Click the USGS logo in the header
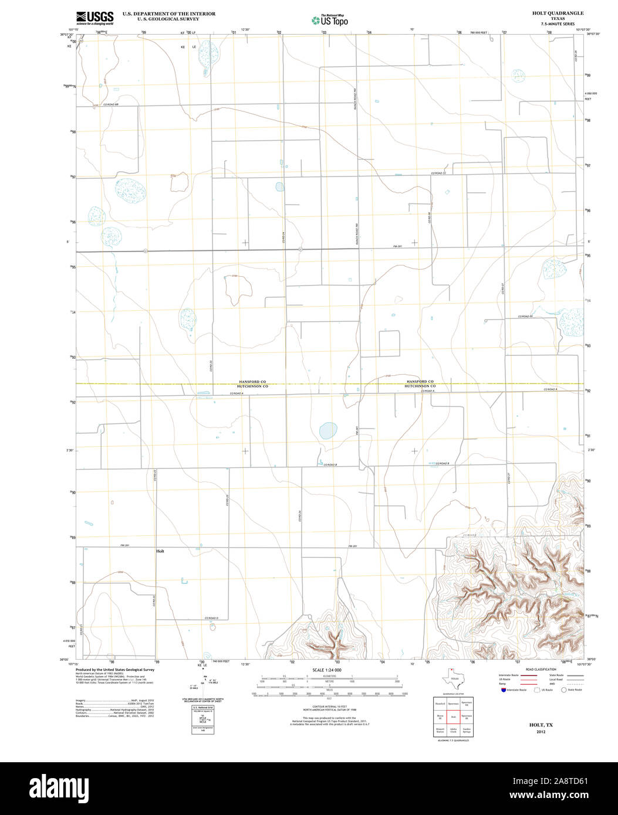coord(94,18)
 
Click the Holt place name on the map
coord(160,552)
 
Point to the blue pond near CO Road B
coord(326,432)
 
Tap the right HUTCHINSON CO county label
coord(419,386)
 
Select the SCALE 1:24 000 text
coord(327,670)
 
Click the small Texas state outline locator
coord(452,680)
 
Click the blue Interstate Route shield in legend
coord(502,690)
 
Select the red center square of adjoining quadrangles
coord(452,716)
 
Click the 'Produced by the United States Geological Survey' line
coord(115,670)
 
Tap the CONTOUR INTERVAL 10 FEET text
coord(327,707)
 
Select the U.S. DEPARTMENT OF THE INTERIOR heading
coord(169,13)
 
